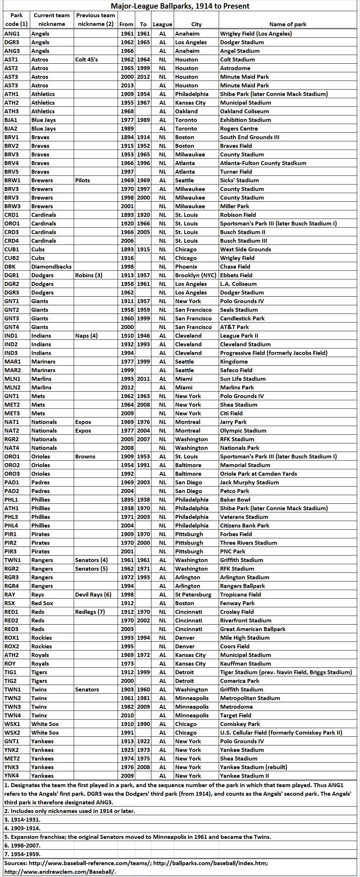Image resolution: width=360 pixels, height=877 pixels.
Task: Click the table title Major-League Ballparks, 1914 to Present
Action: tap(180, 6)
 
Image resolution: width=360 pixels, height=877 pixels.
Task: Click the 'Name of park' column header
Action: tap(288, 24)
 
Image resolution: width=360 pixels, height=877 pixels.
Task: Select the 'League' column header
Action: tap(163, 24)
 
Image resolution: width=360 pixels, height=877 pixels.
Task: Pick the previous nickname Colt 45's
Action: tap(86, 60)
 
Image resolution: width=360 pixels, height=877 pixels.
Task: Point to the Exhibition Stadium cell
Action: tap(246, 120)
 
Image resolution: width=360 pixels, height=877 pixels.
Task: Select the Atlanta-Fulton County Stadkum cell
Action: tap(263, 163)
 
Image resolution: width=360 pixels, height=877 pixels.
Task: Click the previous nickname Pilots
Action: tap(83, 181)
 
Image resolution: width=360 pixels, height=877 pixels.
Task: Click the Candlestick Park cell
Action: tap(242, 319)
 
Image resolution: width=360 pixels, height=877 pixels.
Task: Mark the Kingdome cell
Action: tap(234, 362)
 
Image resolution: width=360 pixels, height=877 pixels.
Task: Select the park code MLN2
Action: tap(13, 388)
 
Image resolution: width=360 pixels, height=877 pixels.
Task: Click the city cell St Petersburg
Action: tap(193, 595)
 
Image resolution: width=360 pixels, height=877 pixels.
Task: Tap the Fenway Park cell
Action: tap(237, 603)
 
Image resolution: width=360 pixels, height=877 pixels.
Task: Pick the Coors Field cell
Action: tap(235, 647)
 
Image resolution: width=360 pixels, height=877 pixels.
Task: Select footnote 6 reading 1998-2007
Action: tap(22, 846)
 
